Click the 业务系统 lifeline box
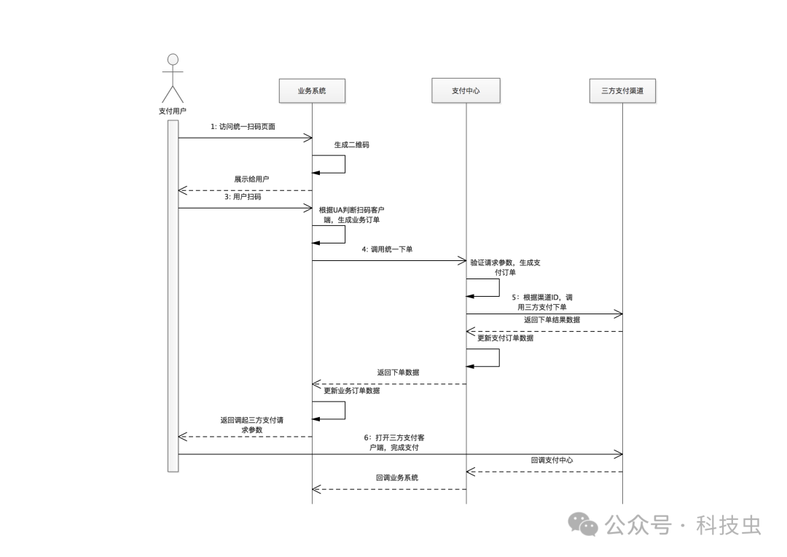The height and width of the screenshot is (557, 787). [x=312, y=91]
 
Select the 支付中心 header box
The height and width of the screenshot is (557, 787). [x=466, y=91]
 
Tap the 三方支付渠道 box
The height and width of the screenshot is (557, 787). [x=622, y=91]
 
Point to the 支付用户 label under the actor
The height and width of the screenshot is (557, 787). [x=173, y=111]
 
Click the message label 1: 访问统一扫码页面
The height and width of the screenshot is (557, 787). [x=243, y=126]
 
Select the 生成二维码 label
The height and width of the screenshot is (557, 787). [x=351, y=144]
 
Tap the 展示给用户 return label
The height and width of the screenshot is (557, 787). [x=251, y=179]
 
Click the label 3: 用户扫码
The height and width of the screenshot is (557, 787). [x=243, y=197]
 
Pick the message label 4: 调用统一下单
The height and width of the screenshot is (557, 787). [x=387, y=249]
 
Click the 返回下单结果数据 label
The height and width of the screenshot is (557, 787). [x=552, y=319]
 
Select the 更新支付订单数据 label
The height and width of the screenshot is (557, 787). [x=505, y=338]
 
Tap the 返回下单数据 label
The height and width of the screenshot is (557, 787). [x=398, y=373]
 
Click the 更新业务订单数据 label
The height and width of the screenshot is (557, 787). [x=351, y=391]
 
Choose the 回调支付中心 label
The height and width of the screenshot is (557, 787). [x=552, y=460]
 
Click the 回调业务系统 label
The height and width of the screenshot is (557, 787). [x=397, y=478]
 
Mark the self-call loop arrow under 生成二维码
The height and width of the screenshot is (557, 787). [x=343, y=164]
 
